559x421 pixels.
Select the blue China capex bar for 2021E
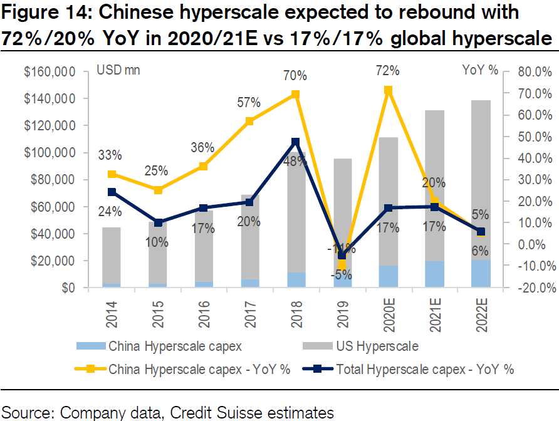point(434,274)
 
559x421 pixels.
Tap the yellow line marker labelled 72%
point(388,90)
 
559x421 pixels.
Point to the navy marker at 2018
point(296,142)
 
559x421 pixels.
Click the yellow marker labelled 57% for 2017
point(249,121)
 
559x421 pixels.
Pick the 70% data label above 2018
point(295,76)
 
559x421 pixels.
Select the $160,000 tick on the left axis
point(50,72)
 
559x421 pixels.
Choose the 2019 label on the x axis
point(342,313)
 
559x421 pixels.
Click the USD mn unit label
point(118,70)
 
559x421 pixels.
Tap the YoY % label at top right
point(480,70)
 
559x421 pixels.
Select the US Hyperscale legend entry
point(379,345)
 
